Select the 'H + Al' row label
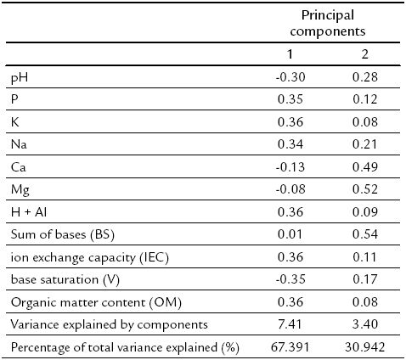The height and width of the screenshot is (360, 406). [x=26, y=214]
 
